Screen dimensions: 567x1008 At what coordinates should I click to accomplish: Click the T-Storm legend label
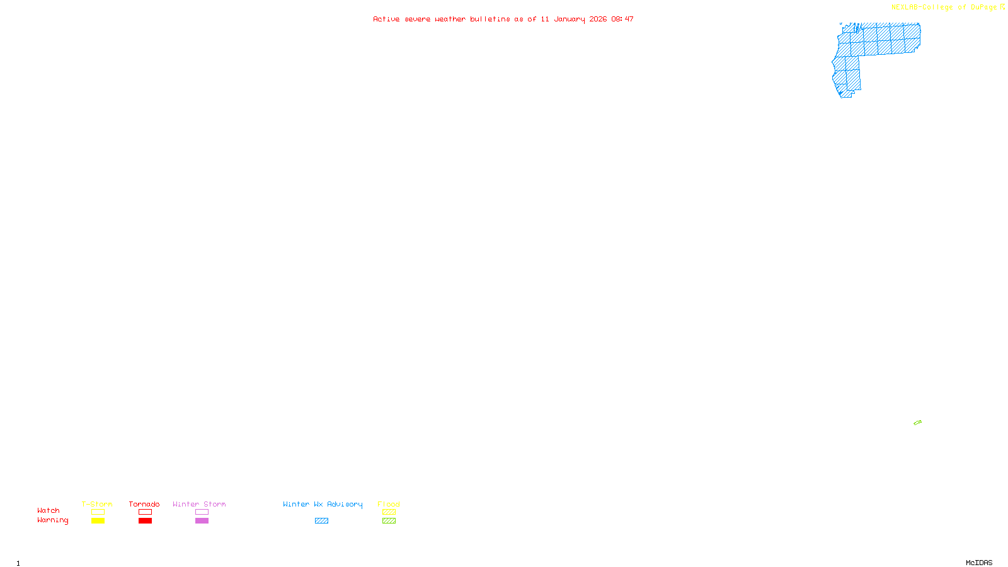tap(97, 504)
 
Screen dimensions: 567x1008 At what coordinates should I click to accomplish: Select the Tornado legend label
tap(144, 504)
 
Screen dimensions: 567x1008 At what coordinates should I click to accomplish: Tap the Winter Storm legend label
tap(199, 504)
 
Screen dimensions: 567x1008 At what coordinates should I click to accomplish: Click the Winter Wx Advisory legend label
tap(323, 504)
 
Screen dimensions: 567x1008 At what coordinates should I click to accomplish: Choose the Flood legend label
tap(389, 504)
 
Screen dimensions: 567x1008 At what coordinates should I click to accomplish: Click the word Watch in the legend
tap(49, 511)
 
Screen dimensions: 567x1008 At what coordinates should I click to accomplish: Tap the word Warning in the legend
tap(53, 520)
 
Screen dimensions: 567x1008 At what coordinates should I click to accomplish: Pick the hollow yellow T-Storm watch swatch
tap(98, 512)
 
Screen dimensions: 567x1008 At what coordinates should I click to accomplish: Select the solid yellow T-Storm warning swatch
tap(98, 521)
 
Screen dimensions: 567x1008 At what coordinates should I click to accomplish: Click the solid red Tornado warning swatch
tap(145, 521)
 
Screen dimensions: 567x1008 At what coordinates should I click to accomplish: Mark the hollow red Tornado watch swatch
tap(145, 512)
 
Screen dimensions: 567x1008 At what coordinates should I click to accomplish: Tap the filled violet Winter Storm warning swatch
tap(202, 521)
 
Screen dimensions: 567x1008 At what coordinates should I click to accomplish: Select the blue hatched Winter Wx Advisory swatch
tap(321, 521)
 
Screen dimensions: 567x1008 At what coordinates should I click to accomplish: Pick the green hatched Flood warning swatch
tap(389, 521)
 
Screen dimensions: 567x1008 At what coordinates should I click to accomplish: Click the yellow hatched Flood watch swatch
tap(389, 512)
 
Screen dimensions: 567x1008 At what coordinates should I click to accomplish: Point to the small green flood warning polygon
tap(917, 423)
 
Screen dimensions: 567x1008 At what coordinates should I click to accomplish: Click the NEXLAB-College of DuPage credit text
tap(944, 8)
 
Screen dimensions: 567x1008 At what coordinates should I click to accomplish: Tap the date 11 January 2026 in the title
tap(574, 19)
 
